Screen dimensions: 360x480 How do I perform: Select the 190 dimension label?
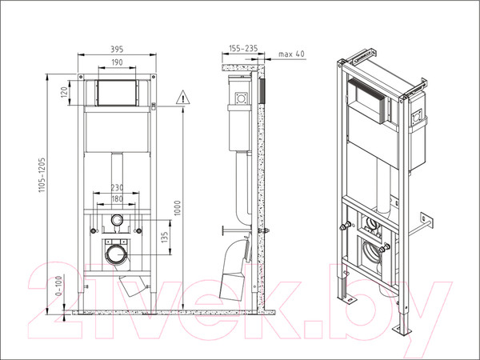117,62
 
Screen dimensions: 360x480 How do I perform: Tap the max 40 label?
291,54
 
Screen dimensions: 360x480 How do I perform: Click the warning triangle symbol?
184,98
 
